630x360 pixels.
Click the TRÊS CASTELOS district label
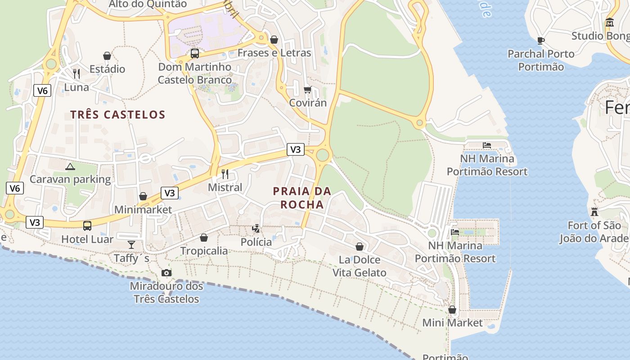tap(118, 115)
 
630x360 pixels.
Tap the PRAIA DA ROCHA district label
tap(302, 198)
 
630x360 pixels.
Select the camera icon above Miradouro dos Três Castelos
tap(166, 273)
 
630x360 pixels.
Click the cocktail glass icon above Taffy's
tap(131, 244)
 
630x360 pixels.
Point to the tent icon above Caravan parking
tap(70, 166)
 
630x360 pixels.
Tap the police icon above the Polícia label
tap(256, 229)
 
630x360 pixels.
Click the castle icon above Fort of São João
tap(594, 211)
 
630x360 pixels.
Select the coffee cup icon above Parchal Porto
tap(541, 40)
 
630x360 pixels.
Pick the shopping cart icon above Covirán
tap(308, 90)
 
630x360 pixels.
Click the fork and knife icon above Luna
tap(76, 73)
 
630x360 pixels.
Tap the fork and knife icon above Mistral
tap(225, 174)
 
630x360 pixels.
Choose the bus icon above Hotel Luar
tap(87, 225)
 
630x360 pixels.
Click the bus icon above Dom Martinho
tap(195, 53)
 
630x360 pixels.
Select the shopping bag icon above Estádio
tap(107, 56)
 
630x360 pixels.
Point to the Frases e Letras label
tap(274, 53)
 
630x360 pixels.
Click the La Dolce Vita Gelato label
tap(359, 266)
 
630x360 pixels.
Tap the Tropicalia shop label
tap(204, 251)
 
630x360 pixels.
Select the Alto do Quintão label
tap(148, 4)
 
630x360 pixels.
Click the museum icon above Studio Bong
tap(610, 22)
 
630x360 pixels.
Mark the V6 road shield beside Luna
tap(42, 90)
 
